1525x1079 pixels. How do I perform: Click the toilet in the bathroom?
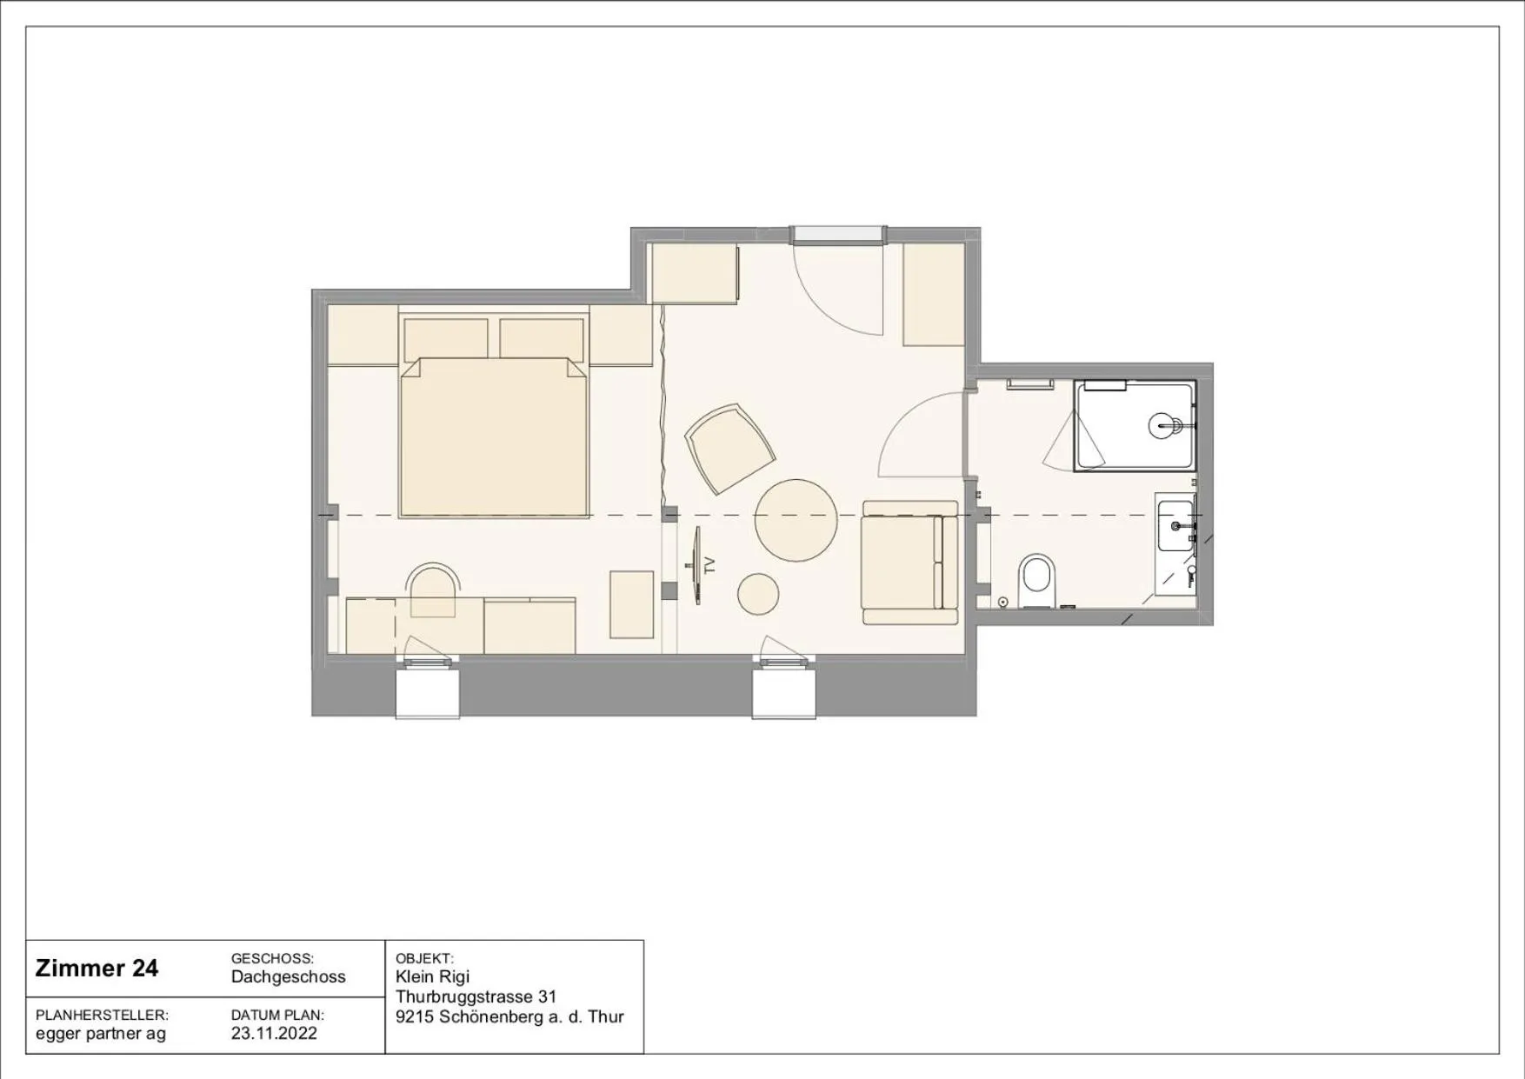click(1036, 578)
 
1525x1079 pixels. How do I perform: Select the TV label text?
click(709, 565)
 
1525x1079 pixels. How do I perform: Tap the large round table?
click(796, 520)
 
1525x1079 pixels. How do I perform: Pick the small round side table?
click(758, 595)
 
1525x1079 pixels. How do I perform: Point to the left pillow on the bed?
click(446, 340)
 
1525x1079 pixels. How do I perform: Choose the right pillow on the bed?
click(542, 340)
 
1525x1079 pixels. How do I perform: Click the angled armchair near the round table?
click(729, 449)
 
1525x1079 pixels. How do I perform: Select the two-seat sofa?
click(910, 563)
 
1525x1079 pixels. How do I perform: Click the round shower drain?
click(1165, 426)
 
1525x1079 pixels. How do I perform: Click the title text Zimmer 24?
click(97, 969)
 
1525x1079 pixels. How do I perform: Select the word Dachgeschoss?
click(288, 976)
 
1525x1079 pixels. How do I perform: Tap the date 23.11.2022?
click(274, 1033)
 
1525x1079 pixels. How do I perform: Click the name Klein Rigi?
click(432, 976)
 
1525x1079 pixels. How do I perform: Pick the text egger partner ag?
click(100, 1034)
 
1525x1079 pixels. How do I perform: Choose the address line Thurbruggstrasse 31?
click(476, 996)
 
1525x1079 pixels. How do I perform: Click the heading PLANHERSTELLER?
click(102, 1015)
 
